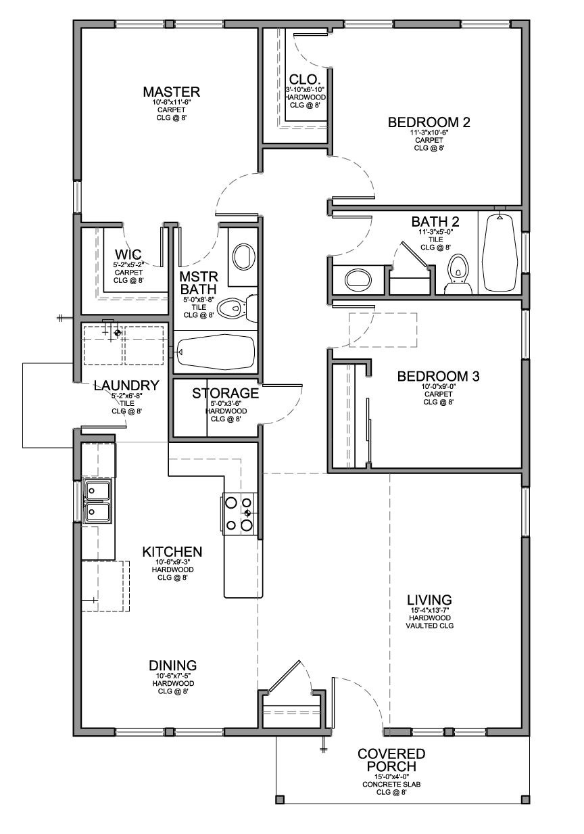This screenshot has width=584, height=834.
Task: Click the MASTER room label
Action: [x=171, y=92]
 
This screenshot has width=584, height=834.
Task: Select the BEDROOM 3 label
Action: [x=438, y=376]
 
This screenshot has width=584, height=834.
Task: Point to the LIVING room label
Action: [x=429, y=600]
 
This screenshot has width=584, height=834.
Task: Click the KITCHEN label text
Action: [x=172, y=552]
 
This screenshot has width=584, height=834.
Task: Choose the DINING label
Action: [x=173, y=665]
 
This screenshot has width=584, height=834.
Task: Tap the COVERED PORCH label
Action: [x=391, y=760]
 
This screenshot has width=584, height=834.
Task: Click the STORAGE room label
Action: [x=226, y=393]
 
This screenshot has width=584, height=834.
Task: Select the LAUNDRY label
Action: [x=126, y=386]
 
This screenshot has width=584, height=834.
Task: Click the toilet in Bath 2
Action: [x=459, y=273]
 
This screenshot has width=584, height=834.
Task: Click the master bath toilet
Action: [x=240, y=308]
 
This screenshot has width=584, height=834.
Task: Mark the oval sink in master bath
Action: [x=243, y=256]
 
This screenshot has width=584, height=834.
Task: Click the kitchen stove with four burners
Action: [x=239, y=513]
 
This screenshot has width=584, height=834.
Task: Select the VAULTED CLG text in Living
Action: [x=429, y=626]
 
